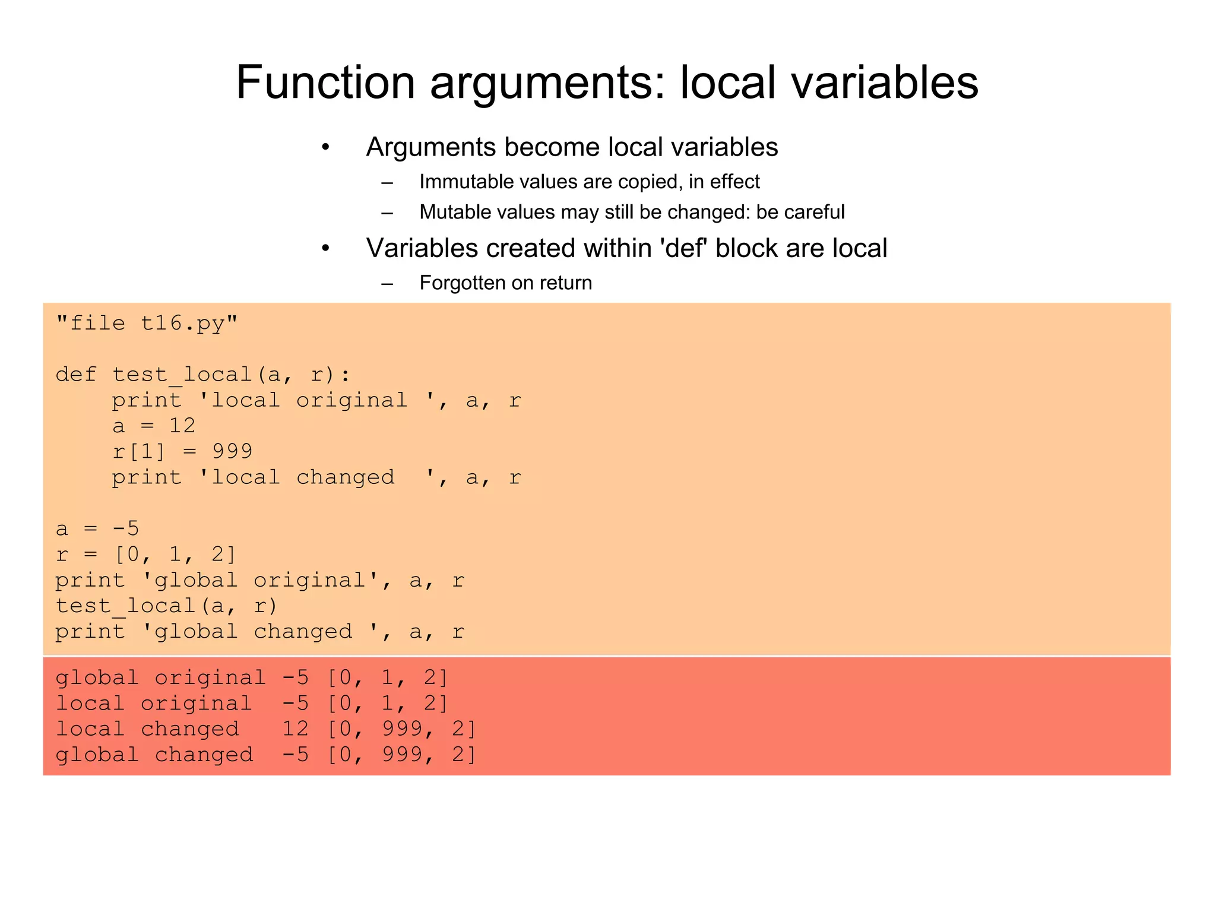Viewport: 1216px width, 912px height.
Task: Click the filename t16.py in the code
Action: [x=182, y=324]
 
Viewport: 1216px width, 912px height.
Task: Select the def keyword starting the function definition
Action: [x=76, y=375]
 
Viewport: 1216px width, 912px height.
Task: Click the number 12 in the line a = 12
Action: [x=182, y=426]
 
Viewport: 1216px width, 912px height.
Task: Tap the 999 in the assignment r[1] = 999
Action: [x=232, y=451]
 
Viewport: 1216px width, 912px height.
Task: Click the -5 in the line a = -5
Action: [x=125, y=528]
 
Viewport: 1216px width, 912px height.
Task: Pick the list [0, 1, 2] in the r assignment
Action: [x=175, y=555]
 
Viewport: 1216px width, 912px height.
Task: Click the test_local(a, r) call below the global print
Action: [x=166, y=606]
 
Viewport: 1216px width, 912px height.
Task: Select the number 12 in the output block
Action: [x=295, y=729]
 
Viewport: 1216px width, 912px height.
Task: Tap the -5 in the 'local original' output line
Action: [x=295, y=704]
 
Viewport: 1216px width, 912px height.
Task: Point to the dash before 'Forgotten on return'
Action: [x=387, y=283]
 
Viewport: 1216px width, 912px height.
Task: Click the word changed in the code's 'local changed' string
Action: [x=345, y=477]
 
